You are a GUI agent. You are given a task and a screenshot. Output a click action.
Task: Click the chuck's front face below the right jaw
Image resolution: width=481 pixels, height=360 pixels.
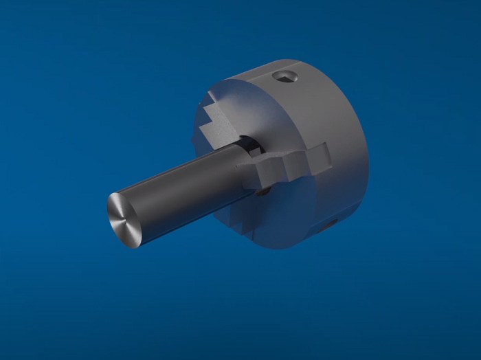click(x=289, y=206)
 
